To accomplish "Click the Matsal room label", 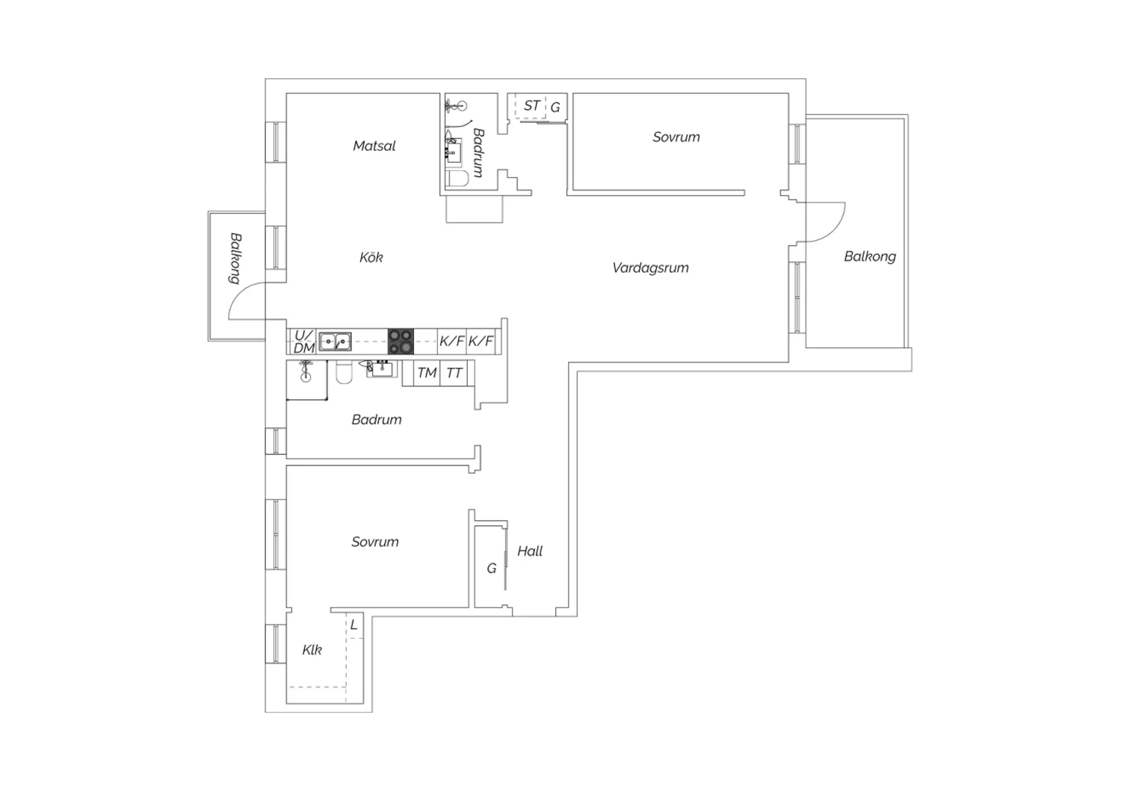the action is [x=374, y=146].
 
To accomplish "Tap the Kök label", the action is [x=371, y=257].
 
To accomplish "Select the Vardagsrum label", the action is [x=650, y=268].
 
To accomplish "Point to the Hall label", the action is [x=529, y=551].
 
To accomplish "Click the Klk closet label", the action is [x=312, y=650].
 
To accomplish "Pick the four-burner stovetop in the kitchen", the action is [x=401, y=341].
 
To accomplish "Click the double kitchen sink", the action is [x=335, y=341].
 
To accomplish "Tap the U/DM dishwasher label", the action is [x=303, y=341].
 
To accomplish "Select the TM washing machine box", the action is [x=427, y=374].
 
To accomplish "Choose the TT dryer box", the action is [x=454, y=374].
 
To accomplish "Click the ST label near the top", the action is [x=531, y=106].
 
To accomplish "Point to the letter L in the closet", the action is [x=353, y=625].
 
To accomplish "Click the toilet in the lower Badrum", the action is [x=345, y=372].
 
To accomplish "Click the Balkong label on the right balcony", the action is [x=870, y=257].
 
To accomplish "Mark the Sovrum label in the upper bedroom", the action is [x=676, y=137].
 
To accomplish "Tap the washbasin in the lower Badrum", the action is [x=383, y=369].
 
